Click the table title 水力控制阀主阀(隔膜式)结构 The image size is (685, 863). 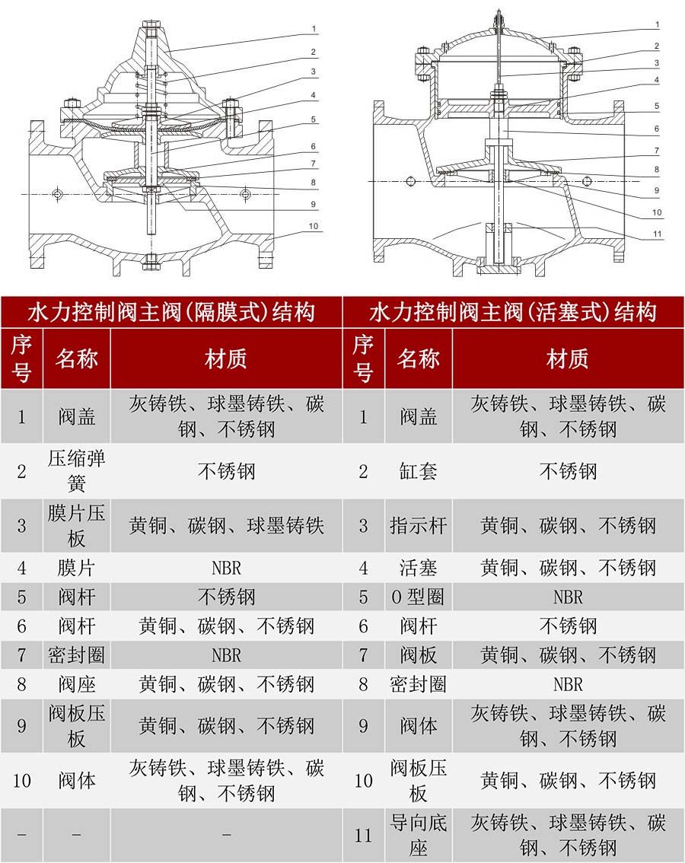pyautogui.click(x=171, y=312)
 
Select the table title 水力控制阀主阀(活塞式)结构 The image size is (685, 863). pyautogui.click(x=513, y=312)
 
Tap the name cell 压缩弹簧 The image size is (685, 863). pyautogui.click(x=76, y=471)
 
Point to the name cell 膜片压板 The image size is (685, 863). pyautogui.click(x=76, y=525)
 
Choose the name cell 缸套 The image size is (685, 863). pyautogui.click(x=418, y=471)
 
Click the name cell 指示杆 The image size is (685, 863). pyautogui.click(x=418, y=525)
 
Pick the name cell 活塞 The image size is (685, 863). pyautogui.click(x=418, y=568)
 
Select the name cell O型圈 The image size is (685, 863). pyautogui.click(x=418, y=597)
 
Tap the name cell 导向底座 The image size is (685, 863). pyautogui.click(x=418, y=836)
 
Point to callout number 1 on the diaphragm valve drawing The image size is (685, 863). pyautogui.click(x=314, y=29)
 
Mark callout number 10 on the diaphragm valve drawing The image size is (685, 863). pyautogui.click(x=314, y=226)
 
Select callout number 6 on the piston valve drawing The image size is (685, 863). pyautogui.click(x=656, y=129)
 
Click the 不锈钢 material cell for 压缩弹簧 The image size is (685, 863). pyautogui.click(x=226, y=471)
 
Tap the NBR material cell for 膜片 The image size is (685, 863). pyautogui.click(x=226, y=568)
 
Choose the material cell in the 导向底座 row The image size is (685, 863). pyautogui.click(x=568, y=836)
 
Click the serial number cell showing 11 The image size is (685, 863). pyautogui.click(x=363, y=836)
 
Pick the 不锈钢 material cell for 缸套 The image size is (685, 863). pyautogui.click(x=568, y=471)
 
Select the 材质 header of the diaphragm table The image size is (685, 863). pyautogui.click(x=226, y=358)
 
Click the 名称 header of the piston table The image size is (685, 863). pyautogui.click(x=418, y=358)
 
